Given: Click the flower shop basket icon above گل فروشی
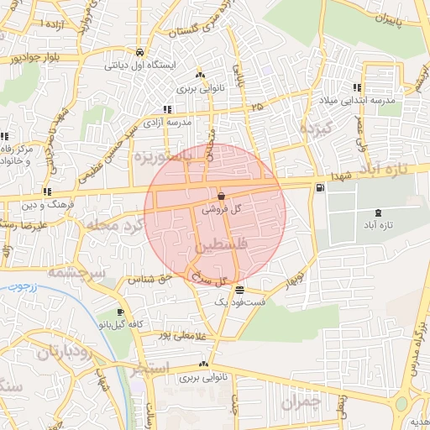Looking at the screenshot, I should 220,195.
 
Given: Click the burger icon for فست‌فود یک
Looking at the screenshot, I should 240,289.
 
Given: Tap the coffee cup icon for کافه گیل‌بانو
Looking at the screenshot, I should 120,312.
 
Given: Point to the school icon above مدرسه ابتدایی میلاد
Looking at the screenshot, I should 358,87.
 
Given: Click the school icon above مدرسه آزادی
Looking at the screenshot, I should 167,109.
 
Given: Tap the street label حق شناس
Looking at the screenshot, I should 150,277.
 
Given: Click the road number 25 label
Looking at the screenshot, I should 256,107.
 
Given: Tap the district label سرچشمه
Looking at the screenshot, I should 75,272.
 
